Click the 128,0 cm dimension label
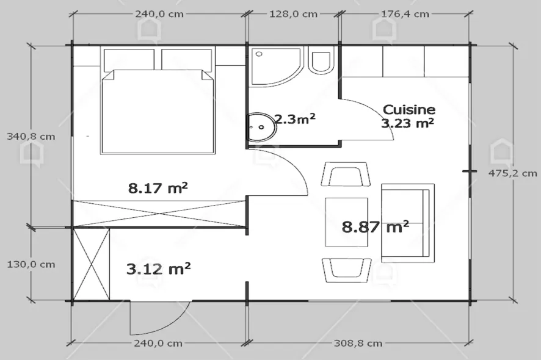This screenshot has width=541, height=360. [293, 14]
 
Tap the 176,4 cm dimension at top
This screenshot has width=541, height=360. [405, 14]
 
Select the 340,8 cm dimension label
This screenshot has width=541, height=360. [31, 137]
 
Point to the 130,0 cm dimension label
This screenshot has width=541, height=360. [31, 264]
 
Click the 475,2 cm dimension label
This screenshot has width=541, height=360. [513, 173]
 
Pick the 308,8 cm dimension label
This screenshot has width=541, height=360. [358, 343]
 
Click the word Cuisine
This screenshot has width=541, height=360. [409, 110]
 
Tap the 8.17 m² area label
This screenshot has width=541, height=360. [158, 188]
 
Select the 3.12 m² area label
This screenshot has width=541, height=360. [158, 268]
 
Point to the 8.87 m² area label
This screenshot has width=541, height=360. [376, 226]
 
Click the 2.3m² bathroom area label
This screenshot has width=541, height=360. [296, 120]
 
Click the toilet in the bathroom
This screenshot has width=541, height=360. [322, 60]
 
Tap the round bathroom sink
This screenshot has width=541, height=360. [261, 127]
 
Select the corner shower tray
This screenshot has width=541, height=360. [276, 67]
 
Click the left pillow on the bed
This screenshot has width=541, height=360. [129, 60]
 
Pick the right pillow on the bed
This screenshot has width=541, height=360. [187, 60]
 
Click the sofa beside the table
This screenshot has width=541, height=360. [407, 223]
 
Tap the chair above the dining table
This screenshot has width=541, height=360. [346, 174]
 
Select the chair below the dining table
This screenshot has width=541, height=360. [346, 270]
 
